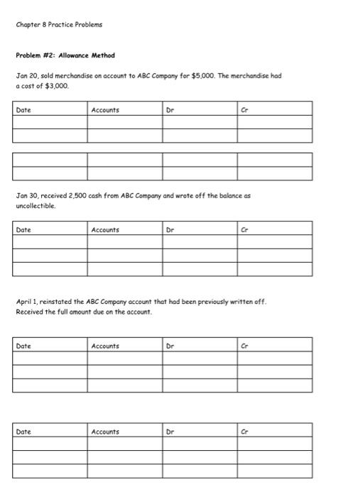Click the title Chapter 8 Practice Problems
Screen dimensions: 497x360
[x=59, y=24]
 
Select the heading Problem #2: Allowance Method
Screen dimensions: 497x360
[x=65, y=55]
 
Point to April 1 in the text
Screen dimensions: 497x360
[x=28, y=302]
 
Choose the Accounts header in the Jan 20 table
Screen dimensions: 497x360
[x=105, y=110]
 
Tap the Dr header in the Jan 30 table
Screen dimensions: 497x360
[x=170, y=229]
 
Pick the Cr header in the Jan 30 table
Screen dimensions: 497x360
[x=244, y=229]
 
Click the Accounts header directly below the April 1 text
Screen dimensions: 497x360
[x=105, y=346]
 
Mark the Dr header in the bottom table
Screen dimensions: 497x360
[x=170, y=432]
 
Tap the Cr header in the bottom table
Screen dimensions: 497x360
[x=244, y=432]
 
